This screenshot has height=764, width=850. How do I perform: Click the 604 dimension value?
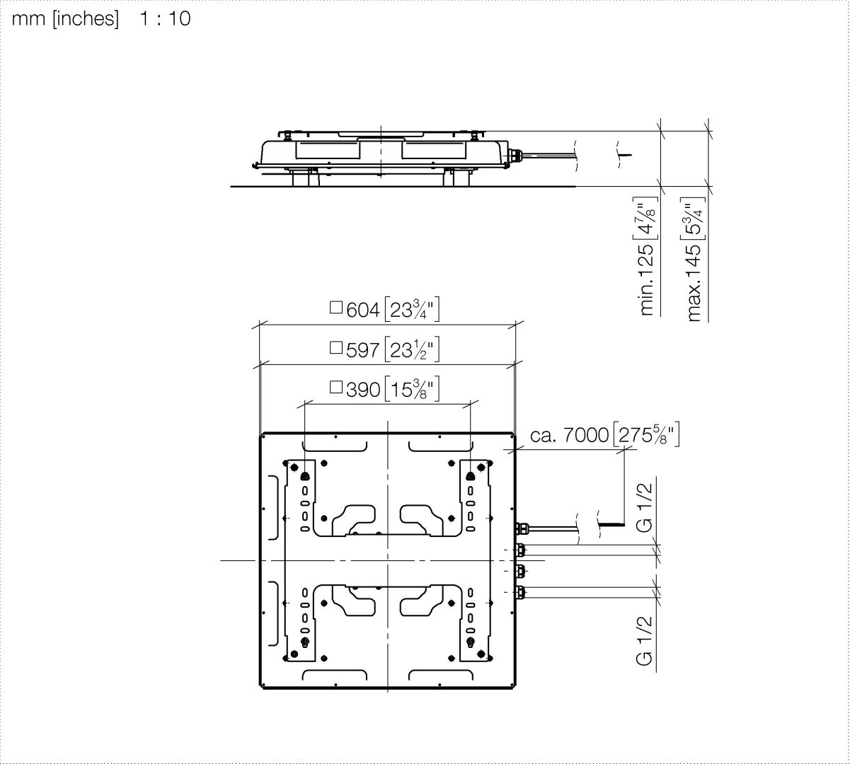[362, 310]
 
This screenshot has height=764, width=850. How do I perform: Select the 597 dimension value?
[362, 350]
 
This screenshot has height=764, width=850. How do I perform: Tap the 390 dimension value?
[362, 390]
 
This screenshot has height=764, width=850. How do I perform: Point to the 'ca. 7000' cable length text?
[569, 435]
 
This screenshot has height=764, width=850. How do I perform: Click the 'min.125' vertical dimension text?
[647, 279]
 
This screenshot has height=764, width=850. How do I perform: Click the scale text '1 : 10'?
[165, 18]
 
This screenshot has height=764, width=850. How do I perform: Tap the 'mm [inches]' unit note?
[65, 19]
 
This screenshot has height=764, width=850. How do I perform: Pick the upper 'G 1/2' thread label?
[645, 508]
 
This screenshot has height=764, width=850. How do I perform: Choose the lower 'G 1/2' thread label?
[645, 641]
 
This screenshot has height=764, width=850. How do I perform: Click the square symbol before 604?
[336, 308]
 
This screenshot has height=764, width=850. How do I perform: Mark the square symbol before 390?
[336, 387]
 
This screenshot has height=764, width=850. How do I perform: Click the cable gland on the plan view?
[521, 528]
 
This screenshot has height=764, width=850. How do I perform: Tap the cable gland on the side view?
[516, 155]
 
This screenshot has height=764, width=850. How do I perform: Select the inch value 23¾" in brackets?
[412, 310]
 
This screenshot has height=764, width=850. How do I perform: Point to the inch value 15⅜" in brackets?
[412, 389]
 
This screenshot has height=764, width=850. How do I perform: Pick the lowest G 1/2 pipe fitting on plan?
[520, 592]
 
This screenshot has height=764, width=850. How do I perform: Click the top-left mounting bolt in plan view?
[304, 477]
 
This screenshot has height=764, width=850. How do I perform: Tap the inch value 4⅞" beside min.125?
[647, 218]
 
